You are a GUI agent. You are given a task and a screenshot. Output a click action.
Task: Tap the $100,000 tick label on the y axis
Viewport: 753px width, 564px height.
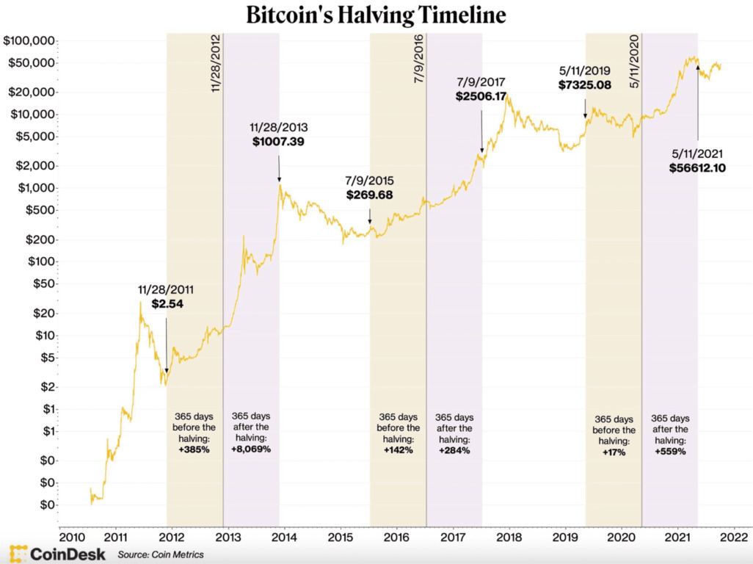tap(30, 40)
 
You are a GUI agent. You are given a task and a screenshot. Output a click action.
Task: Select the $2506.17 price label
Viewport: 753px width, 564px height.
tap(481, 96)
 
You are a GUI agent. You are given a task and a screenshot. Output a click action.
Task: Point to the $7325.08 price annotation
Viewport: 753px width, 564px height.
tap(585, 86)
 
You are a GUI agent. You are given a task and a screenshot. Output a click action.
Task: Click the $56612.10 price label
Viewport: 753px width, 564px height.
tap(698, 167)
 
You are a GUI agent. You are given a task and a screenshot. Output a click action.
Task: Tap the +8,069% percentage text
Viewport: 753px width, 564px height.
tap(251, 449)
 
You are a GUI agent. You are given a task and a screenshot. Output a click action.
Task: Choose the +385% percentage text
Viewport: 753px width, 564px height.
tap(194, 449)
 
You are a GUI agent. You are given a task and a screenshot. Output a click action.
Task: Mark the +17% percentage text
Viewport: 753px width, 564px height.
tap(614, 452)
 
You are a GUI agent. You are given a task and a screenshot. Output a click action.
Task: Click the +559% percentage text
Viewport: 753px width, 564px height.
tap(670, 452)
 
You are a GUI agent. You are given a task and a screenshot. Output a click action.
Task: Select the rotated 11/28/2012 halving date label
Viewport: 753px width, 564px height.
tap(217, 62)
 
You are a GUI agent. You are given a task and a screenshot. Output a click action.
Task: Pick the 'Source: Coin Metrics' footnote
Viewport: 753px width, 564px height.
tap(161, 554)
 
